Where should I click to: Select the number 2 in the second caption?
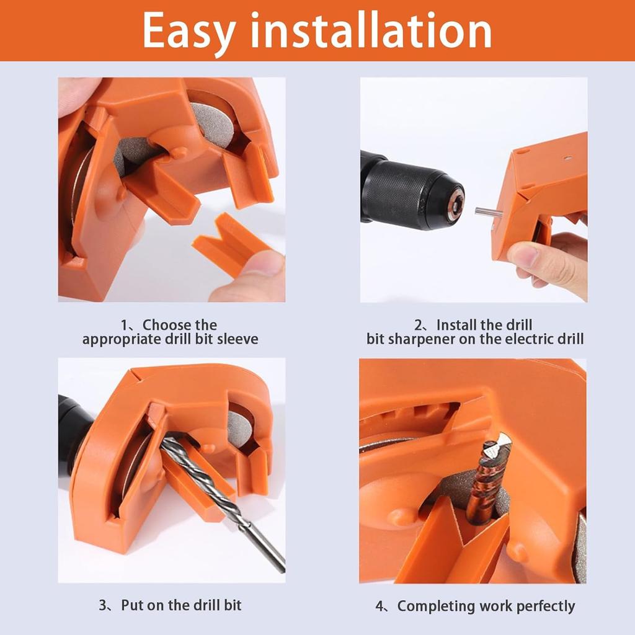[x=419, y=326]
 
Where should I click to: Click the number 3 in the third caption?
[x=102, y=605]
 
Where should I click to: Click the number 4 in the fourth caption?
[x=380, y=606]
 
